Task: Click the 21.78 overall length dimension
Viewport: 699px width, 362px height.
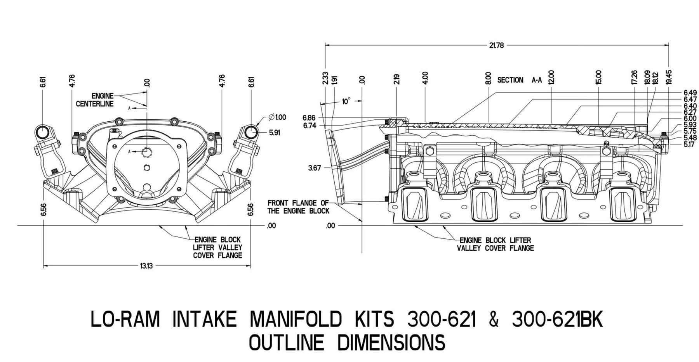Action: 496,45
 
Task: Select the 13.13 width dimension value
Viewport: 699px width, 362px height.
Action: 146,266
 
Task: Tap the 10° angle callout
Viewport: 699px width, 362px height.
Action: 346,102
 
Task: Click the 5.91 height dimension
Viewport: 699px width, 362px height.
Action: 275,133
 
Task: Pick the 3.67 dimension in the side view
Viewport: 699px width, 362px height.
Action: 315,168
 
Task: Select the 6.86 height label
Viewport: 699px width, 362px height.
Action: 309,117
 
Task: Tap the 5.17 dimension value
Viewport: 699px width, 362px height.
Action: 689,145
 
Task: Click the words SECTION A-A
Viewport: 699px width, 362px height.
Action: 520,80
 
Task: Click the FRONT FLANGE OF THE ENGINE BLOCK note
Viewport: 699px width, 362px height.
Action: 298,207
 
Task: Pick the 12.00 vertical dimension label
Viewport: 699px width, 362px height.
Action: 551,77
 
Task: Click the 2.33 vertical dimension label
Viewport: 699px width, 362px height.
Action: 325,78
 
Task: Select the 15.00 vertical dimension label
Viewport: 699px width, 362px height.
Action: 598,77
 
